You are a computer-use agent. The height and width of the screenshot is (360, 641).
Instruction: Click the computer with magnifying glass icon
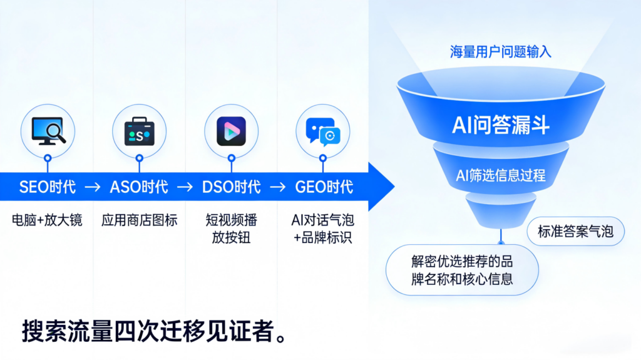[x=48, y=131]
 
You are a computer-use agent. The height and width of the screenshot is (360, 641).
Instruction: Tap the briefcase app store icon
[x=139, y=131]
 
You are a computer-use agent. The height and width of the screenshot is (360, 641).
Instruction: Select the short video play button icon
[x=231, y=131]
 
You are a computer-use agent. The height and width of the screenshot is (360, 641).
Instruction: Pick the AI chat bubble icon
[x=323, y=131]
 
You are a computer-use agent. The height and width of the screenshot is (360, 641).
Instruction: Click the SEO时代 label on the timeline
[x=48, y=187]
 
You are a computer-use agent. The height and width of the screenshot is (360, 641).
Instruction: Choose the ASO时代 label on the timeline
[x=139, y=187]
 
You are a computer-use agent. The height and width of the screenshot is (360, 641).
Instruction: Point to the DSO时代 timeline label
[x=231, y=187]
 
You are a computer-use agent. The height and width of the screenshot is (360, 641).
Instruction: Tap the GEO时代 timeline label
[x=323, y=187]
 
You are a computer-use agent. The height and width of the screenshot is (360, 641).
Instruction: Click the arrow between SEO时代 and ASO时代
[x=93, y=187]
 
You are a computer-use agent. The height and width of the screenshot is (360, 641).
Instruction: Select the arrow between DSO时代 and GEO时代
[x=277, y=187]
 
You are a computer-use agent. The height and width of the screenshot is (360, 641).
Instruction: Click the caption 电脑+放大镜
[x=48, y=220]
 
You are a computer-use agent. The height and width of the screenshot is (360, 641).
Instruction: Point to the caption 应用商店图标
[x=139, y=220]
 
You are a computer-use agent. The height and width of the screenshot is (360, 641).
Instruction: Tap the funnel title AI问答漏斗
[x=500, y=125]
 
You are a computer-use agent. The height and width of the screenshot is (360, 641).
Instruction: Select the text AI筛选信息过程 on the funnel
[x=500, y=175]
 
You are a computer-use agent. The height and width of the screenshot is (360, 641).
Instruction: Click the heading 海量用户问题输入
[x=500, y=52]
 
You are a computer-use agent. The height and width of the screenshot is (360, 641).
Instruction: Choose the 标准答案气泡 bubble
[x=575, y=232]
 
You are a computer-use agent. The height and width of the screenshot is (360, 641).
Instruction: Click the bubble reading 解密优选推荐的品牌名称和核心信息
[x=462, y=269]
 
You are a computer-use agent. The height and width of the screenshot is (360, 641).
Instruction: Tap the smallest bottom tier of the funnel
[x=500, y=211]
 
